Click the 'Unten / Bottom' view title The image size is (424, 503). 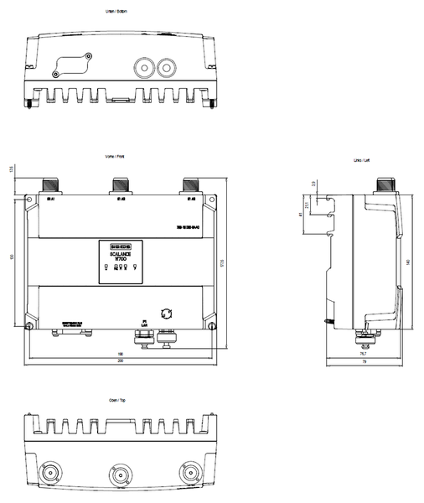[x=121, y=10]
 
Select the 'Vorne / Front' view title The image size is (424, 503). [x=121, y=156]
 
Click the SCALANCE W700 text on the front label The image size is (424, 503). [x=120, y=256]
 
